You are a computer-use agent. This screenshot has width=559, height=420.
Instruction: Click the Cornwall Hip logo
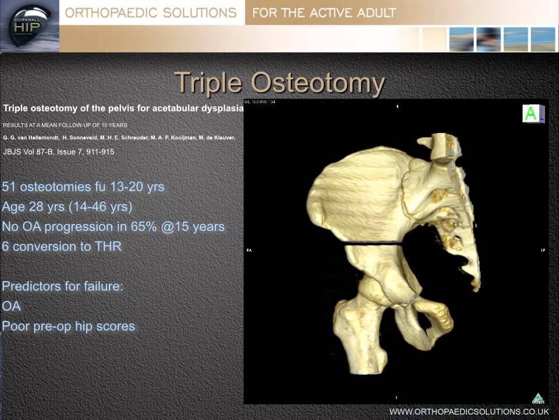point(29,26)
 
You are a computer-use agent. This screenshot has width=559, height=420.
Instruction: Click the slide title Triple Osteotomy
point(279,83)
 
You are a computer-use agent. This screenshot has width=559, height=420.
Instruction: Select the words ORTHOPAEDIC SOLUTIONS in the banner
point(151,13)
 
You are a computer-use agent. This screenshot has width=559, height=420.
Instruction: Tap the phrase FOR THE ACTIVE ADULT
point(324,13)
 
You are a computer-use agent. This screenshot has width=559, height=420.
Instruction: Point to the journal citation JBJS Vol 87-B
point(59,152)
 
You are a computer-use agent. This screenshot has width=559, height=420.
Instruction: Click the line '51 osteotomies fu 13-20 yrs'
point(83,187)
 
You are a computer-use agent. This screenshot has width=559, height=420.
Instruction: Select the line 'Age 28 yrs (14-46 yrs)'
point(67,206)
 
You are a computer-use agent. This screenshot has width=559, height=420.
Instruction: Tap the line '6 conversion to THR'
point(62,246)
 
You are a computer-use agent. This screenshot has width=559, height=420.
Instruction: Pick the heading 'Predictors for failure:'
point(63,286)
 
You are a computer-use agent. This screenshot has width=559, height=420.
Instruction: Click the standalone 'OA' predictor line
point(12,306)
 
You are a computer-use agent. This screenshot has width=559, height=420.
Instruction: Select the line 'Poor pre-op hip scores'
point(69,326)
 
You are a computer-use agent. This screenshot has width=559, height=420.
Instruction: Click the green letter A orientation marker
point(530,114)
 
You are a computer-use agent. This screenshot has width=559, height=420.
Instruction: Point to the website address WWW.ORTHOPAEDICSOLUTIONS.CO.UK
point(469,411)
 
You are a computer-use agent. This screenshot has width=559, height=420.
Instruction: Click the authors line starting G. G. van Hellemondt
point(119,138)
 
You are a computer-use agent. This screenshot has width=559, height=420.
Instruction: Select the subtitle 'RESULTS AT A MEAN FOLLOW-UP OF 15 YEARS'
point(65,125)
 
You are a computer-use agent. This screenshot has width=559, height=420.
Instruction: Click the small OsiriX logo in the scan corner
point(537,398)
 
